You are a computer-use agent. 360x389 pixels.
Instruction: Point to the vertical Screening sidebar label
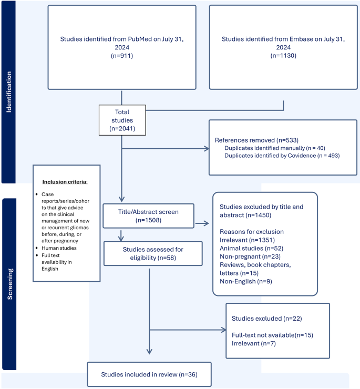(9, 284)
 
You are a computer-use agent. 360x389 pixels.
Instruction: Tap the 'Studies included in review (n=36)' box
(149, 375)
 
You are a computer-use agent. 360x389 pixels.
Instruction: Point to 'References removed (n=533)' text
(250, 140)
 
